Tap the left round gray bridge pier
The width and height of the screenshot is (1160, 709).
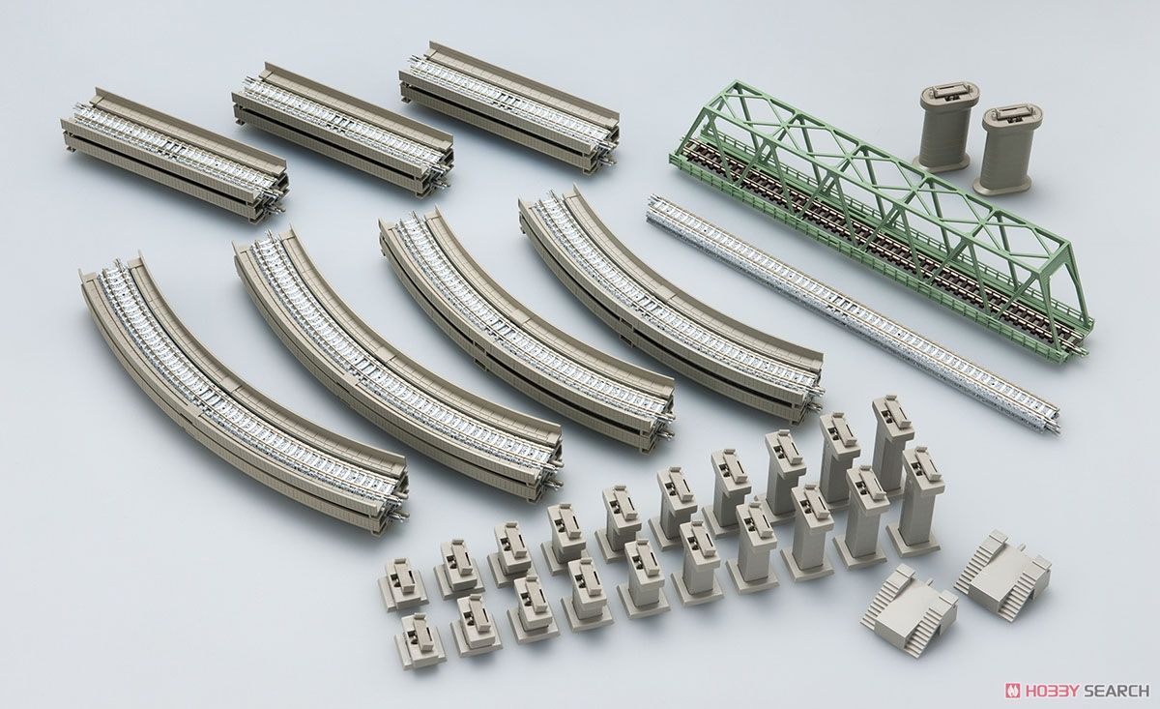coord(940,125)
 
